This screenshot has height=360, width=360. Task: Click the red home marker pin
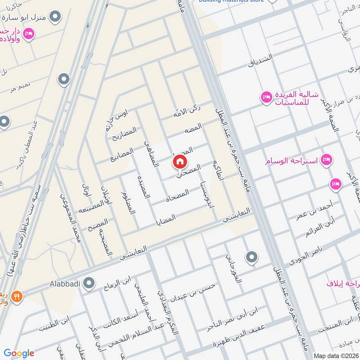coord(180,161)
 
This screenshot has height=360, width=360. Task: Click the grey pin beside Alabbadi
coord(90,283)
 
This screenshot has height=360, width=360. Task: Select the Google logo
coord(19,353)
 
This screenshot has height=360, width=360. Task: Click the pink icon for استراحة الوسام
coord(328,159)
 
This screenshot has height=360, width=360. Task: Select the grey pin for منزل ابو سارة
coord(55,18)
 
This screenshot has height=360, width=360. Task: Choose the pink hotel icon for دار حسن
coord(28,33)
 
